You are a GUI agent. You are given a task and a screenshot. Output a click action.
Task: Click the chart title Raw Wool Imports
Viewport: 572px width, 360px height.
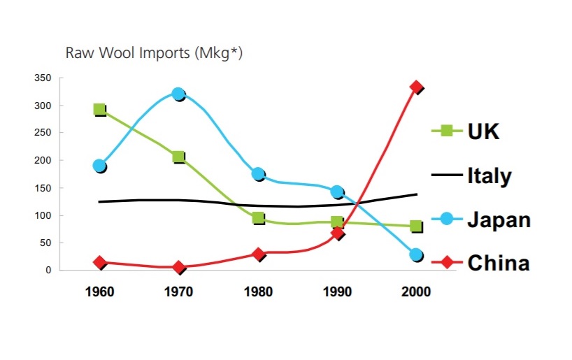coord(155,52)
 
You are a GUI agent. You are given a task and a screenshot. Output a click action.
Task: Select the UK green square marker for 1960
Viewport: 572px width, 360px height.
coord(99,109)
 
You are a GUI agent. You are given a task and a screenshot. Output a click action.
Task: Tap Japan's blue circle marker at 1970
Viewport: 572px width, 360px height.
coord(178,94)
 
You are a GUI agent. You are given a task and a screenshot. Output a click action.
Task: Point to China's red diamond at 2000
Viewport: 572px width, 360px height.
coord(417,87)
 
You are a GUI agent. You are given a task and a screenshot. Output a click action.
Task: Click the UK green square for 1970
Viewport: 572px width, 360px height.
coord(178,157)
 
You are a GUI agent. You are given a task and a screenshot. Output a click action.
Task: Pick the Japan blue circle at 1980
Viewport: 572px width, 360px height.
coord(257,174)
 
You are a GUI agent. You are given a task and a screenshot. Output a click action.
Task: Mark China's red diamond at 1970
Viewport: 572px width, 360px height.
coord(178,267)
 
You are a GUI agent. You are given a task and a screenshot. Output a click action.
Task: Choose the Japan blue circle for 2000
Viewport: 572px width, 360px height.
coord(416,255)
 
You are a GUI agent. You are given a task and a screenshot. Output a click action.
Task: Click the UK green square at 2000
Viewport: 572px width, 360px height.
coord(416,226)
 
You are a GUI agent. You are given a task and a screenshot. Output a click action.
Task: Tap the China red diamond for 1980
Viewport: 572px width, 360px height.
coord(258,254)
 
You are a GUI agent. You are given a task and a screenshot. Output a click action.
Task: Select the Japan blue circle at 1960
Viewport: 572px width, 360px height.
coord(99,166)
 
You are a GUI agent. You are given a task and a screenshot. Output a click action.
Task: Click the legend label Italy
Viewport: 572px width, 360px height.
coord(489,175)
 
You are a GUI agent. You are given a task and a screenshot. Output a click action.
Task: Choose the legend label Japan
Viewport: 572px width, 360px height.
coord(499,219)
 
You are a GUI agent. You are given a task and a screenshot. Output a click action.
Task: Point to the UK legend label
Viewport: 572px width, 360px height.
coord(484,131)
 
